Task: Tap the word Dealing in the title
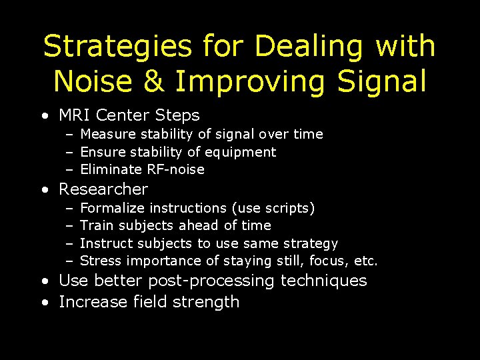309,47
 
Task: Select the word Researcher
103,189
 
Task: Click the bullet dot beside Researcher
44,190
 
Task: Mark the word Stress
100,261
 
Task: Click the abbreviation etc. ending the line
366,261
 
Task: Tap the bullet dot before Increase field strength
44,303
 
